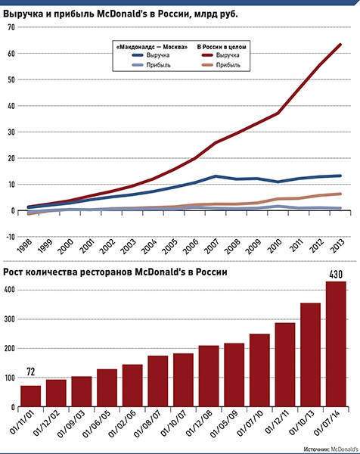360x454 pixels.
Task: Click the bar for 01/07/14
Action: click(336, 344)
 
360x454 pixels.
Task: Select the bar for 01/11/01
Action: click(31, 396)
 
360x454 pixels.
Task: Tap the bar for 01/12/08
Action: click(209, 376)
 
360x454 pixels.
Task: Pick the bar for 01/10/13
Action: click(311, 355)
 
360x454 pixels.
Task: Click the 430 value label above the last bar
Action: click(336, 274)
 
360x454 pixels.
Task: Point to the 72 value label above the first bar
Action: click(31, 372)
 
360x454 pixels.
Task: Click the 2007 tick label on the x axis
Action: click(213, 247)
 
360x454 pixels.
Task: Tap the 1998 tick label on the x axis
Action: click(25, 247)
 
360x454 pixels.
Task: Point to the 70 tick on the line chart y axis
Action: click(11, 27)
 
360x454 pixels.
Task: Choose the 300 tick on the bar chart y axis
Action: click(8, 319)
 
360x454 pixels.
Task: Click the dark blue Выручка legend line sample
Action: click(138, 55)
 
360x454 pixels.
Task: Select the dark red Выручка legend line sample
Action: click(207, 55)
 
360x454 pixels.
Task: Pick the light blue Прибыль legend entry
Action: click(151, 65)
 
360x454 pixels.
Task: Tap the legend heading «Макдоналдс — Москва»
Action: click(152, 47)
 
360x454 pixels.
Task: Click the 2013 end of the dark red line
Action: click(340, 45)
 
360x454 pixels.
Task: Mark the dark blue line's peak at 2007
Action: click(216, 176)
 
